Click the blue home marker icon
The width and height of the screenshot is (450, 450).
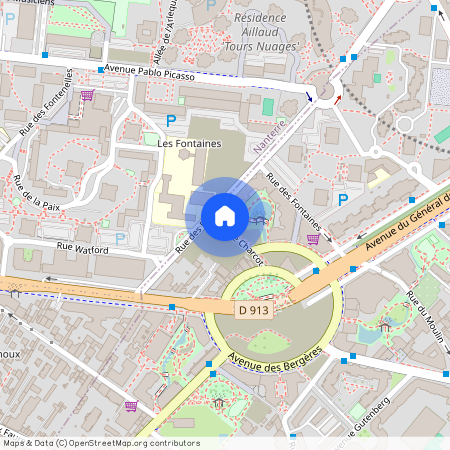pyautogui.click(x=224, y=215)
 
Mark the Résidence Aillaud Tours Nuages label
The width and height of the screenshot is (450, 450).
pyautogui.click(x=266, y=32)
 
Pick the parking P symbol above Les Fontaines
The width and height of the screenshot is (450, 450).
pyautogui.click(x=171, y=119)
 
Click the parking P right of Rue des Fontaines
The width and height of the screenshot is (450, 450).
pyautogui.click(x=343, y=200)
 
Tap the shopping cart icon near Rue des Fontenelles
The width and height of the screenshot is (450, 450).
pyautogui.click(x=87, y=97)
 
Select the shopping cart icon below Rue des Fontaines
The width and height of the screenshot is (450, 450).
pyautogui.click(x=313, y=239)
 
